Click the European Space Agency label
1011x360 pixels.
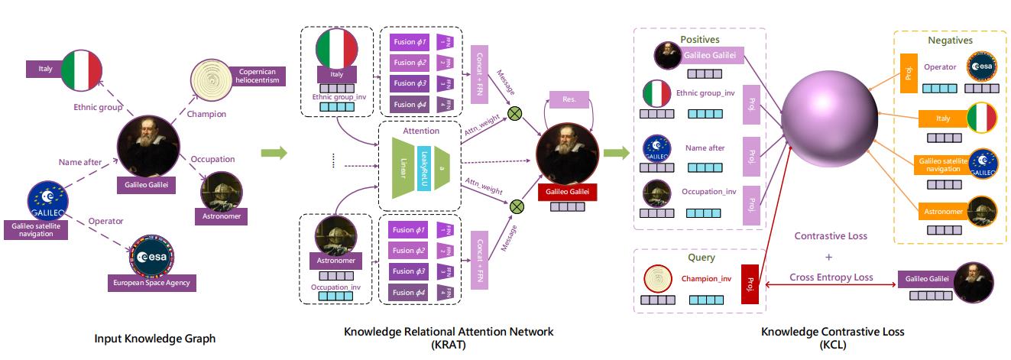click(x=151, y=283)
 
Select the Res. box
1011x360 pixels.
click(x=569, y=99)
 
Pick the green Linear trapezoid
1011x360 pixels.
click(x=404, y=167)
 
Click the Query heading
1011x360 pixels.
click(x=702, y=258)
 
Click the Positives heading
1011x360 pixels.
click(x=700, y=39)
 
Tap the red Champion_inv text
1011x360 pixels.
click(x=706, y=278)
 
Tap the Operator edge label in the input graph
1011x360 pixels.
click(x=105, y=221)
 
